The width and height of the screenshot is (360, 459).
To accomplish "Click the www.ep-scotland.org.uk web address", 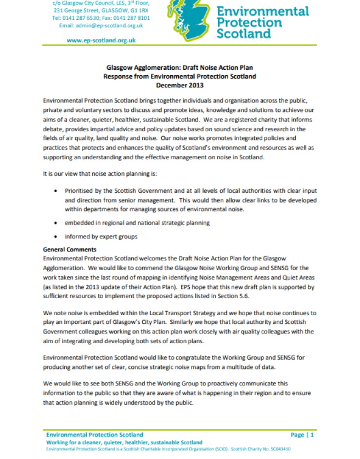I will pyautogui.click(x=101, y=40).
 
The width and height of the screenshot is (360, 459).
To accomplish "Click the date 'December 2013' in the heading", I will pyautogui.click(x=179, y=85).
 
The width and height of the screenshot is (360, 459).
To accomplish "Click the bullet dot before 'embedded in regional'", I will pyautogui.click(x=57, y=223).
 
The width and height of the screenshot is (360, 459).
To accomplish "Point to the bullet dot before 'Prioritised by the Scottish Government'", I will pyautogui.click(x=57, y=191).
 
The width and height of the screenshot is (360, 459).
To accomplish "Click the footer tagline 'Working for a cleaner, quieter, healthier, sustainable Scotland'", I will pyautogui.click(x=124, y=442).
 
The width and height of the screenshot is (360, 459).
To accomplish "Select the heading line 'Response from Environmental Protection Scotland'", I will pyautogui.click(x=179, y=77).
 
